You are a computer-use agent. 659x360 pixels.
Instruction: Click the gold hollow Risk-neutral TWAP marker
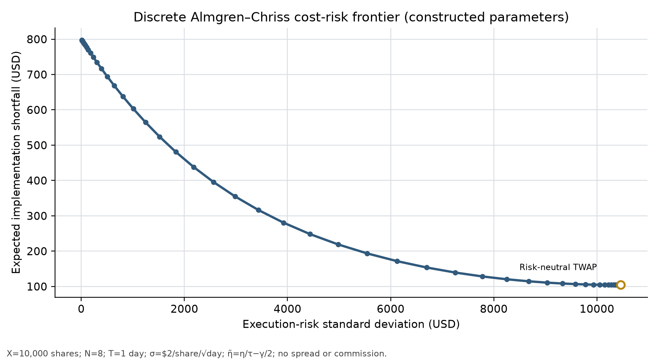click(620, 285)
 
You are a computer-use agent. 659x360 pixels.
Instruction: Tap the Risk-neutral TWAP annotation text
click(558, 267)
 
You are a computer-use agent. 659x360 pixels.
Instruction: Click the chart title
click(351, 17)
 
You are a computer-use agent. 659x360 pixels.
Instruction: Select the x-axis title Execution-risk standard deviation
click(351, 324)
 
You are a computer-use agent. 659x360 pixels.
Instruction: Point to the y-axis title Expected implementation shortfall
click(16, 163)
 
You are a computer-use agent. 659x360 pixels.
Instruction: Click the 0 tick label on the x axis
click(81, 309)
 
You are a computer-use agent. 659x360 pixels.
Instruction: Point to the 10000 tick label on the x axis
click(597, 309)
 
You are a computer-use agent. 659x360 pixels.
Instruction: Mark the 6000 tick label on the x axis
click(390, 309)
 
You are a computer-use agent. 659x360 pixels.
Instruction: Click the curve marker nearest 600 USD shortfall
click(133, 109)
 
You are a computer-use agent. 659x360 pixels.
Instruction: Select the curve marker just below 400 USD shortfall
click(214, 182)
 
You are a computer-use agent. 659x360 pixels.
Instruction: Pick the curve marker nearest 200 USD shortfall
click(367, 253)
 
